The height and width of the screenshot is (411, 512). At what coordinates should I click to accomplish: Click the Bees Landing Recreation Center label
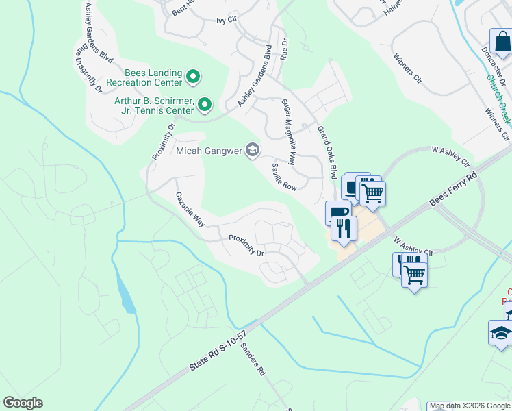[x=144, y=77]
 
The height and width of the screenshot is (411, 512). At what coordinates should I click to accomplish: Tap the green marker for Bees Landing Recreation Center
[x=193, y=77]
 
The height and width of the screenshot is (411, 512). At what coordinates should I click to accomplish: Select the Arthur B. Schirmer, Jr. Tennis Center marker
[x=205, y=105]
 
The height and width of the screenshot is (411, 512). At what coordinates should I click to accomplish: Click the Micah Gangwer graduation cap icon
[x=253, y=151]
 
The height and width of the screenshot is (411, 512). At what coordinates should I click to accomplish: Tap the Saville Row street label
[x=283, y=177]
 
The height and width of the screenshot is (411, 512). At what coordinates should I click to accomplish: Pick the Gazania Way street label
[x=190, y=209]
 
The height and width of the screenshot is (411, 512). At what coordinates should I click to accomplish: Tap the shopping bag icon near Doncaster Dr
[x=501, y=42]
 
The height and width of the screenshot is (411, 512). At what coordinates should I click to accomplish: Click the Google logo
[x=23, y=403]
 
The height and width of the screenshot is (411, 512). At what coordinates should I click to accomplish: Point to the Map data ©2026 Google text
[x=469, y=406]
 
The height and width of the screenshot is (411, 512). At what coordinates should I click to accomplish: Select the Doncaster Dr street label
[x=491, y=64]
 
